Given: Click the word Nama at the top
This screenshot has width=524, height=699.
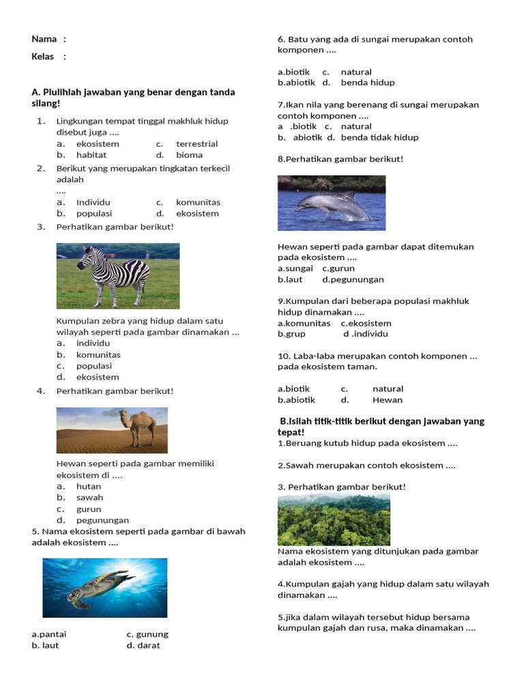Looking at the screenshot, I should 43,39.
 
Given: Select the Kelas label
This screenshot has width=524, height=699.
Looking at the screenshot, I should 42,57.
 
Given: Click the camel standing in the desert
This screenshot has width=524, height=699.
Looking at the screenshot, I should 139,426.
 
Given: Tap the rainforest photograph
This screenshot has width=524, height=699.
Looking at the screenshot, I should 334,519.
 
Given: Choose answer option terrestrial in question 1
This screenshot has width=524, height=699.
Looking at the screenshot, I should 196,144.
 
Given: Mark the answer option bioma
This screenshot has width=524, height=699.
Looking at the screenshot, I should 189,155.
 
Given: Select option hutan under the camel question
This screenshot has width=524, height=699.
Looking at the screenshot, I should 89,487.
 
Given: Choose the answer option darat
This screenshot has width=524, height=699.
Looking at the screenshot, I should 148,645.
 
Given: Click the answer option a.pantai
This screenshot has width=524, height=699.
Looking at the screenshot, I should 49,634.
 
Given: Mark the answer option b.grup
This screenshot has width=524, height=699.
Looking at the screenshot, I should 291,334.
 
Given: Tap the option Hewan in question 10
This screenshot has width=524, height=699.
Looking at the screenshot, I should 387,400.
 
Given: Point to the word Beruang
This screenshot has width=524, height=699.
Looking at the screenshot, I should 301,443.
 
